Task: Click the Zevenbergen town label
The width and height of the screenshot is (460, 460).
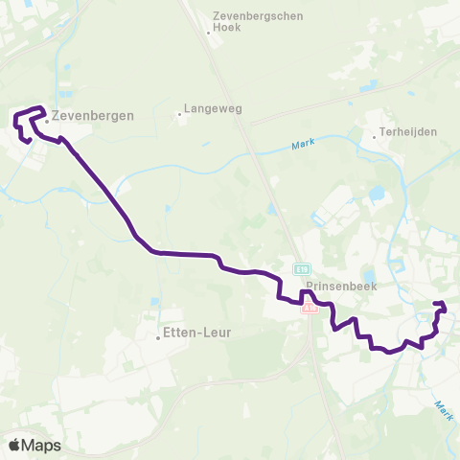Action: tap(93, 114)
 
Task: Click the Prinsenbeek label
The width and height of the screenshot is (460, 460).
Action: tap(333, 286)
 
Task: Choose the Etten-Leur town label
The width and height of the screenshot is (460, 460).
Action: tap(197, 333)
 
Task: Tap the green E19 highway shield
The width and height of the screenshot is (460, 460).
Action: tap(301, 269)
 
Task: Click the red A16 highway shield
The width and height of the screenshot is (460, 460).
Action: tap(309, 309)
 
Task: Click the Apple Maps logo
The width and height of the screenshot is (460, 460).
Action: tap(34, 445)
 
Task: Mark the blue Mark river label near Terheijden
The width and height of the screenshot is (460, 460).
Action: tap(302, 147)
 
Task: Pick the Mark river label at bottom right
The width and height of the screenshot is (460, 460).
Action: tap(443, 411)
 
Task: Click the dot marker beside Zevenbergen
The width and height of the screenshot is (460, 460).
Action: tap(46, 121)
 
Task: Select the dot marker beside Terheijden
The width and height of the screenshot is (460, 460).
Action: tap(374, 136)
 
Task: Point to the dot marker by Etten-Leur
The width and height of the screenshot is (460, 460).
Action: tap(159, 337)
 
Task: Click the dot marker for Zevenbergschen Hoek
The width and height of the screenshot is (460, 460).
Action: tap(208, 33)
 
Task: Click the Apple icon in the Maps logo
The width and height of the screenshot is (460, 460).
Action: tap(15, 445)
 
